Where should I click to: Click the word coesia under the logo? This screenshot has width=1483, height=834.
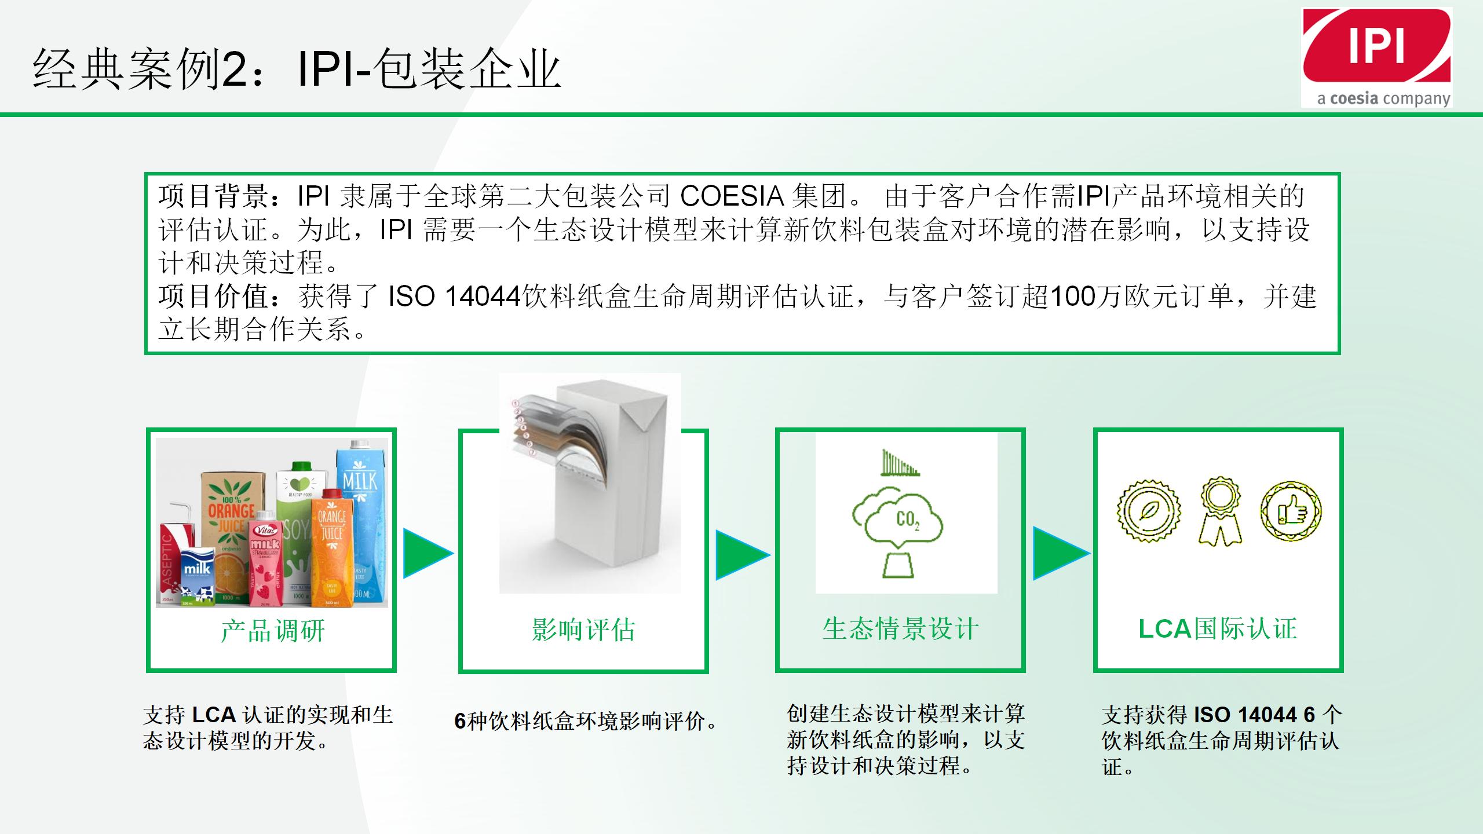[x=1354, y=98]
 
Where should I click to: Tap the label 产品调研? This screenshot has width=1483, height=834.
[x=272, y=630]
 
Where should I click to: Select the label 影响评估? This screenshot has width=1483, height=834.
[x=583, y=630]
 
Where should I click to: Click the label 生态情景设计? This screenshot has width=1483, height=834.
[x=900, y=629]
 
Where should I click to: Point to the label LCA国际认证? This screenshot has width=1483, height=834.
[x=1218, y=629]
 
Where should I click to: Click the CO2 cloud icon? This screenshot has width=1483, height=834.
[x=897, y=517]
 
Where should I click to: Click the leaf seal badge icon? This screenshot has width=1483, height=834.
[x=1149, y=511]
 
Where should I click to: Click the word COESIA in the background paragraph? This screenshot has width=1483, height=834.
[x=732, y=196]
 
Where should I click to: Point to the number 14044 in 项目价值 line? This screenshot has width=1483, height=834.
[x=483, y=297]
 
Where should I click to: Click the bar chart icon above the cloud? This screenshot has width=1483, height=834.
[x=898, y=463]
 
